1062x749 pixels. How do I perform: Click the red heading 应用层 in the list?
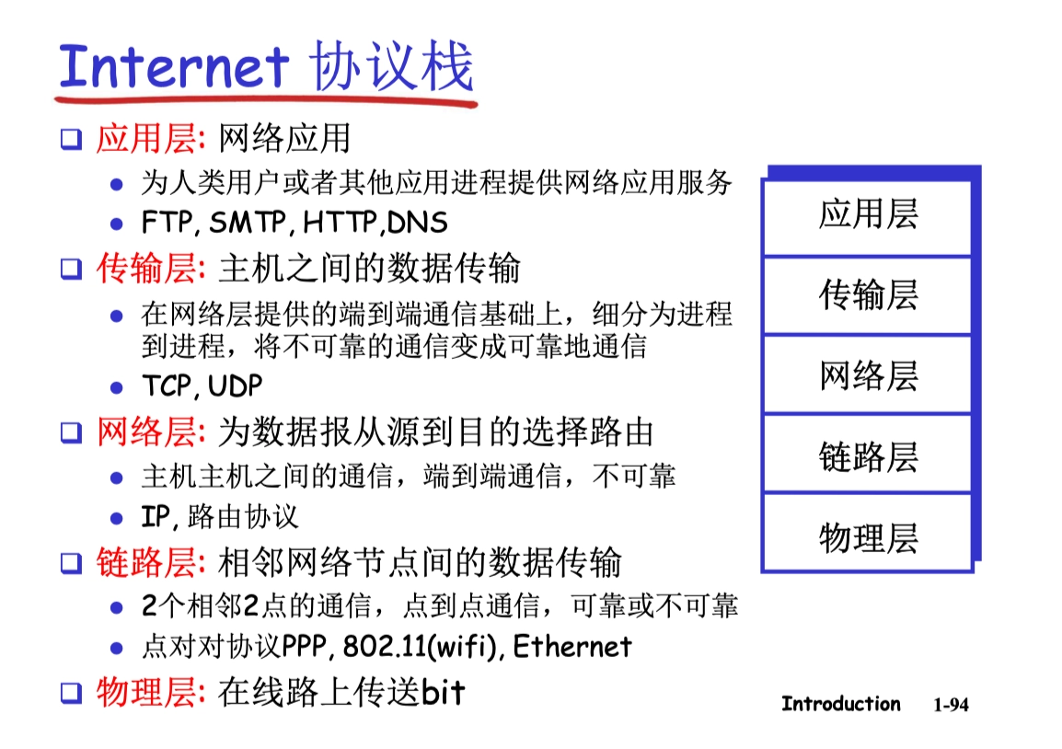point(146,139)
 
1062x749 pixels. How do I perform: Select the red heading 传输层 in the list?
point(146,268)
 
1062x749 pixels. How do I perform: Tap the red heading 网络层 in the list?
point(146,432)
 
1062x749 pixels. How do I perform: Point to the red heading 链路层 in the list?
point(146,562)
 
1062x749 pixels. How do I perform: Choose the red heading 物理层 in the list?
point(146,692)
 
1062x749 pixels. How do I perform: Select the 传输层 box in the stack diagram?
point(868,295)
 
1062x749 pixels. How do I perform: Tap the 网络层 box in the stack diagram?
point(868,374)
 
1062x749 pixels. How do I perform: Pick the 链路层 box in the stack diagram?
point(868,454)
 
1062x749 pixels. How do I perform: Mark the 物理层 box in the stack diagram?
point(868,534)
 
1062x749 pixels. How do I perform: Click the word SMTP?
point(248,222)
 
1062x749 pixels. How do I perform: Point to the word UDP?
point(235,386)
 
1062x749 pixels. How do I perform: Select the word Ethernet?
point(572,646)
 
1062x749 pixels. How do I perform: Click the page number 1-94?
point(951,705)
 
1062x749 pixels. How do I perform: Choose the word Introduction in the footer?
point(841,704)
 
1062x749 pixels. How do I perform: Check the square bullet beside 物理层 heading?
point(71,693)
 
